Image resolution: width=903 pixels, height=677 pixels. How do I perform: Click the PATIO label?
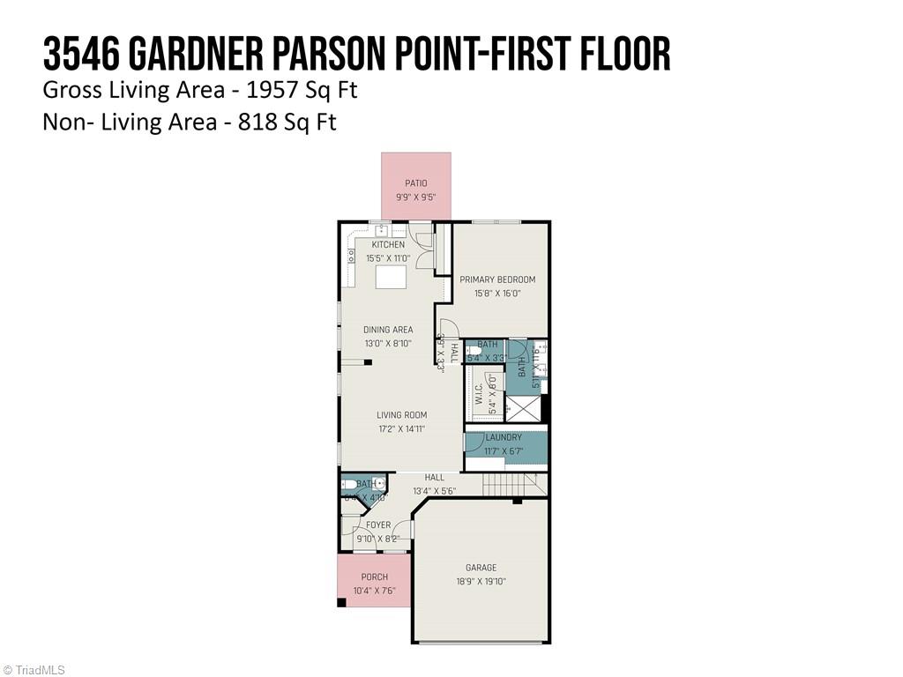pos(416,183)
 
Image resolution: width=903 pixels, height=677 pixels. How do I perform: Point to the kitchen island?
pos(392,277)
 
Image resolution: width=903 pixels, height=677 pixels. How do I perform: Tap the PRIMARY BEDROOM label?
pos(497,279)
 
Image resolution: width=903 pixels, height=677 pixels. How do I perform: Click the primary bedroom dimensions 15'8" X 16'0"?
pos(497,293)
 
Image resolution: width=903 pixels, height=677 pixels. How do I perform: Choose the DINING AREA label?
pos(388,330)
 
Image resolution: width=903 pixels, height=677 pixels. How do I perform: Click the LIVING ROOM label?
pos(401,415)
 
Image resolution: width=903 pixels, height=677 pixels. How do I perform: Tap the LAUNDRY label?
pos(503,437)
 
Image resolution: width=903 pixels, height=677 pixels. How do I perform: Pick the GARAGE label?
pos(481,568)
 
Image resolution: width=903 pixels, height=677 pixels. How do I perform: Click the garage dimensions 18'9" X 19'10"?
pos(481,581)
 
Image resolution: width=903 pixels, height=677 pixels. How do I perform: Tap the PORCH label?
pos(374,577)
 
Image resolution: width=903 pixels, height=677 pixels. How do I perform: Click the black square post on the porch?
pos(341,603)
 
